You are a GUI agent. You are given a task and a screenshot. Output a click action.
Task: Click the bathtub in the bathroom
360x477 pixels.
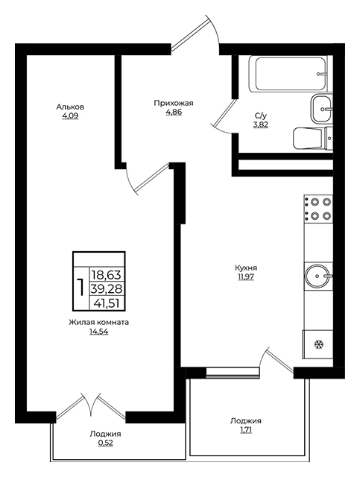click(x=288, y=74)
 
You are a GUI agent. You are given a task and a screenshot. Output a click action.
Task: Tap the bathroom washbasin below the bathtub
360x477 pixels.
click(x=322, y=109)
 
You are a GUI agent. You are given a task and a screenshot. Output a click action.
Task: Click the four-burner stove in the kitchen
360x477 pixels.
click(x=318, y=209)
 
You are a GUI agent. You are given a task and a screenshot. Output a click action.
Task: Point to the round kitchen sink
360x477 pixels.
click(x=318, y=276)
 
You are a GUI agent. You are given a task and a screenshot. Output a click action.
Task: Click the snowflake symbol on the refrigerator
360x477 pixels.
click(x=319, y=344)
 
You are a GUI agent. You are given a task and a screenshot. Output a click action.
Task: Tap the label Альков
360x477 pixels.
click(x=70, y=107)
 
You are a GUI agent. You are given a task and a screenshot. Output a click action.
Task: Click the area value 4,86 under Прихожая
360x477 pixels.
click(x=174, y=113)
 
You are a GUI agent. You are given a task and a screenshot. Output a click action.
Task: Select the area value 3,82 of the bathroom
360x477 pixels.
click(x=261, y=124)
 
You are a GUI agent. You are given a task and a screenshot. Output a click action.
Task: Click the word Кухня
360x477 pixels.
click(x=246, y=268)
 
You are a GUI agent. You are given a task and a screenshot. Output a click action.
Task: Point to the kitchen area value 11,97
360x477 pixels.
click(x=246, y=277)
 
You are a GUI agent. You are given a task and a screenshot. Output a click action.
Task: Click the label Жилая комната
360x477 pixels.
click(x=98, y=323)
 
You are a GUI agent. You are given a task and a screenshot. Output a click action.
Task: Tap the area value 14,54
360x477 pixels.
click(x=98, y=332)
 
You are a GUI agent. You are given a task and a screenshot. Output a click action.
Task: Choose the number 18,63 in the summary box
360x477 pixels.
click(x=107, y=275)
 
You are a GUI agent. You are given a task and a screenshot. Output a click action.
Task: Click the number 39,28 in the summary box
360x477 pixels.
click(x=107, y=288)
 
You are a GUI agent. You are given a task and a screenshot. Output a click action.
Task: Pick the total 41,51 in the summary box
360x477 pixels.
click(x=107, y=303)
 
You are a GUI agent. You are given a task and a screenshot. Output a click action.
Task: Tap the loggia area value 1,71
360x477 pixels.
click(x=246, y=430)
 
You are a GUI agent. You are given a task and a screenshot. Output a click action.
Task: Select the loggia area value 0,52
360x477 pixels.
click(x=105, y=443)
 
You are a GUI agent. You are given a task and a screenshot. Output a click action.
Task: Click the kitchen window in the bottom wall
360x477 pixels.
click(x=233, y=373)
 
